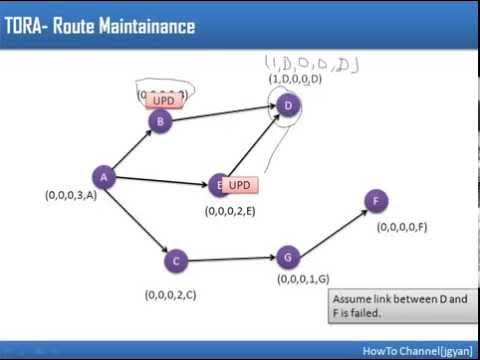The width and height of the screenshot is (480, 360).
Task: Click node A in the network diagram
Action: [x=104, y=178]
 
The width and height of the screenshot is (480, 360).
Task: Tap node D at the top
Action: [x=288, y=105]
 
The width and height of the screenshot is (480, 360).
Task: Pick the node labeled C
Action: [x=176, y=261]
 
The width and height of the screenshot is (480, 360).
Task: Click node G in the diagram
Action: [x=286, y=258]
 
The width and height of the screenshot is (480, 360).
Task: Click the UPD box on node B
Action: [x=163, y=101]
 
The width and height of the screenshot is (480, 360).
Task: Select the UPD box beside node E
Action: [x=238, y=186]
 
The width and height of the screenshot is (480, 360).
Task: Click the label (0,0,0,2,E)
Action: [x=231, y=211]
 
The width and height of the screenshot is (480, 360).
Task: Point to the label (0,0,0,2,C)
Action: [x=170, y=294]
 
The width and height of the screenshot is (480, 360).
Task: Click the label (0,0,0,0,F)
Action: [x=402, y=227]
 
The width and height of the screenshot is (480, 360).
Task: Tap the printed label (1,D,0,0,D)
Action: [x=294, y=78]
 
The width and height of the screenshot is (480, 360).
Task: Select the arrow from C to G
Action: [x=231, y=260]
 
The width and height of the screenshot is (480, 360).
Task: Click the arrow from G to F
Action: [x=330, y=230]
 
